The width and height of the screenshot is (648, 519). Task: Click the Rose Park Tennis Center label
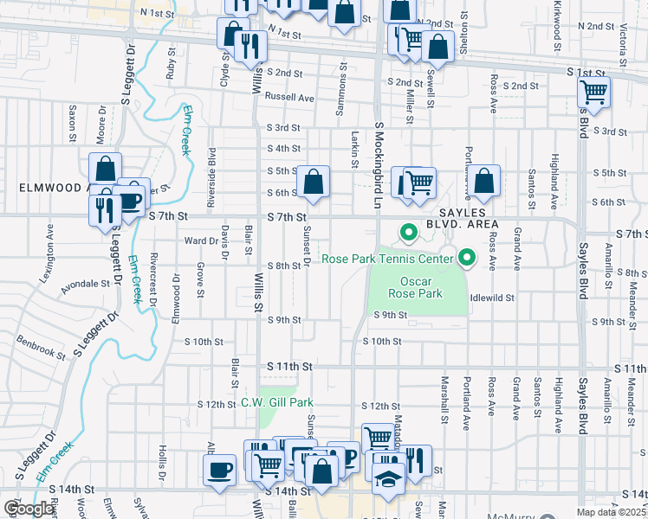pyautogui.click(x=387, y=259)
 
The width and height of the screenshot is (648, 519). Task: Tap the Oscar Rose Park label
pyautogui.click(x=422, y=287)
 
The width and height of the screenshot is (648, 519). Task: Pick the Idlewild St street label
pyautogui.click(x=491, y=297)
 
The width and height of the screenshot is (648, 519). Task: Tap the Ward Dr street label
pyautogui.click(x=200, y=240)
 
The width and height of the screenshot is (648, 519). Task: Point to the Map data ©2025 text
pyautogui.click(x=611, y=512)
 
